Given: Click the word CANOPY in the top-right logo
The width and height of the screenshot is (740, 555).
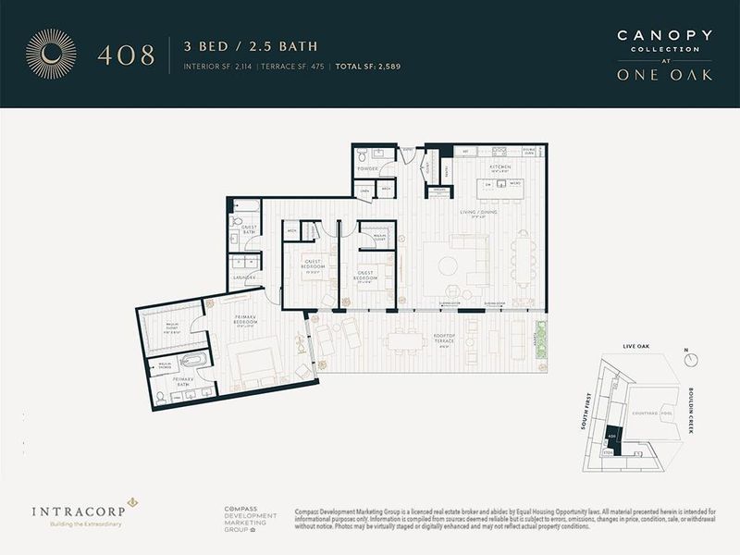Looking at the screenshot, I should point(665,35).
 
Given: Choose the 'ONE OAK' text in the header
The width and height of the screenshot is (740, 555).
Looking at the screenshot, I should point(665,75).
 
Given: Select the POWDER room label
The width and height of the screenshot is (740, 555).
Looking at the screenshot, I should point(368,169).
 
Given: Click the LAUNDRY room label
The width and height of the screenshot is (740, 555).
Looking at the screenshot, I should point(244,276).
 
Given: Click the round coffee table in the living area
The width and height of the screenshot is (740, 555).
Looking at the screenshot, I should point(448,265).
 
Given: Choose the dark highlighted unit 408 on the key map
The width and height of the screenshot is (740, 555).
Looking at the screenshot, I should point(611,435).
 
